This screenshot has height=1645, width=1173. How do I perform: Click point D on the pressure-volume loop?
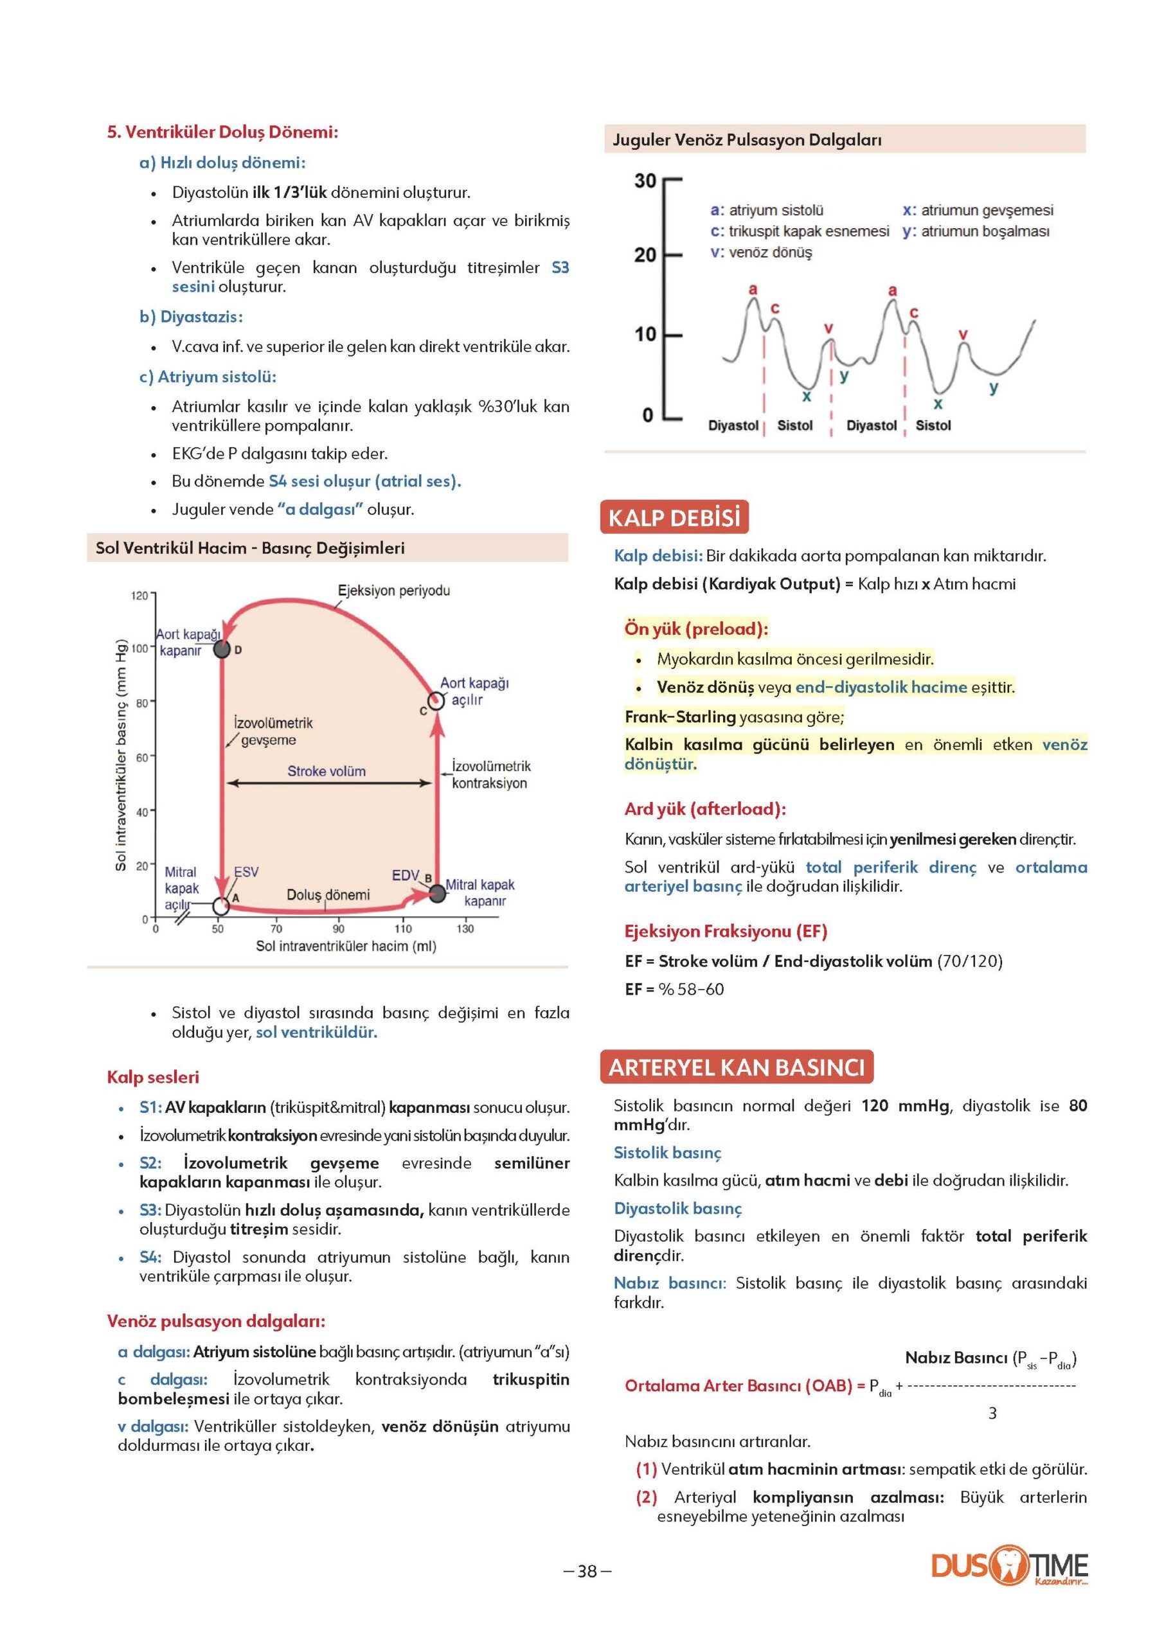(x=222, y=649)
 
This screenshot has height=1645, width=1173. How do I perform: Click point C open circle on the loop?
(x=436, y=700)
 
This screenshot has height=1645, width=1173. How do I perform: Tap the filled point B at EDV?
(x=437, y=893)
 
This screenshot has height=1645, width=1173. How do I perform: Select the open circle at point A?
(x=220, y=905)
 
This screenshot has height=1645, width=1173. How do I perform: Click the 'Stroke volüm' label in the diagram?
(x=327, y=771)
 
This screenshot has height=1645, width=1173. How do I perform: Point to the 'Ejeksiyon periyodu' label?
(x=393, y=591)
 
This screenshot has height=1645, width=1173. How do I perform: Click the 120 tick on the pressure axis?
(x=139, y=596)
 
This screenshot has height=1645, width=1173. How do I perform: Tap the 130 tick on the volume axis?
(x=465, y=929)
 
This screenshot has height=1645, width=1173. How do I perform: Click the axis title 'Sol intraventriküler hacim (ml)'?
(x=346, y=946)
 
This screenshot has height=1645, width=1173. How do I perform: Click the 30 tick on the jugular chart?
(x=645, y=181)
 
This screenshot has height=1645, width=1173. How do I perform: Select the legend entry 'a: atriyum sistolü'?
(x=767, y=210)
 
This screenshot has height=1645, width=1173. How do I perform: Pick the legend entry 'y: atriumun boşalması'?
(x=976, y=231)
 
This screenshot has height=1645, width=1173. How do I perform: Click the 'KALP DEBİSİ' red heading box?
(x=674, y=518)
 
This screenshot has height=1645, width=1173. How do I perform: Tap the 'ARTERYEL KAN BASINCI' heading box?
(x=736, y=1067)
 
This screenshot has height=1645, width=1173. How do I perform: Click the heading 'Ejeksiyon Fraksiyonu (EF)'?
(x=726, y=932)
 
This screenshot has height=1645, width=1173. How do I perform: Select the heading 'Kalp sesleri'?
(x=153, y=1078)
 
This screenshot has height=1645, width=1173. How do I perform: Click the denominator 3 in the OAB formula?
(x=992, y=1413)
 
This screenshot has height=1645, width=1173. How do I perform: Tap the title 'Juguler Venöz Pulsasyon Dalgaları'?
(x=747, y=140)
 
